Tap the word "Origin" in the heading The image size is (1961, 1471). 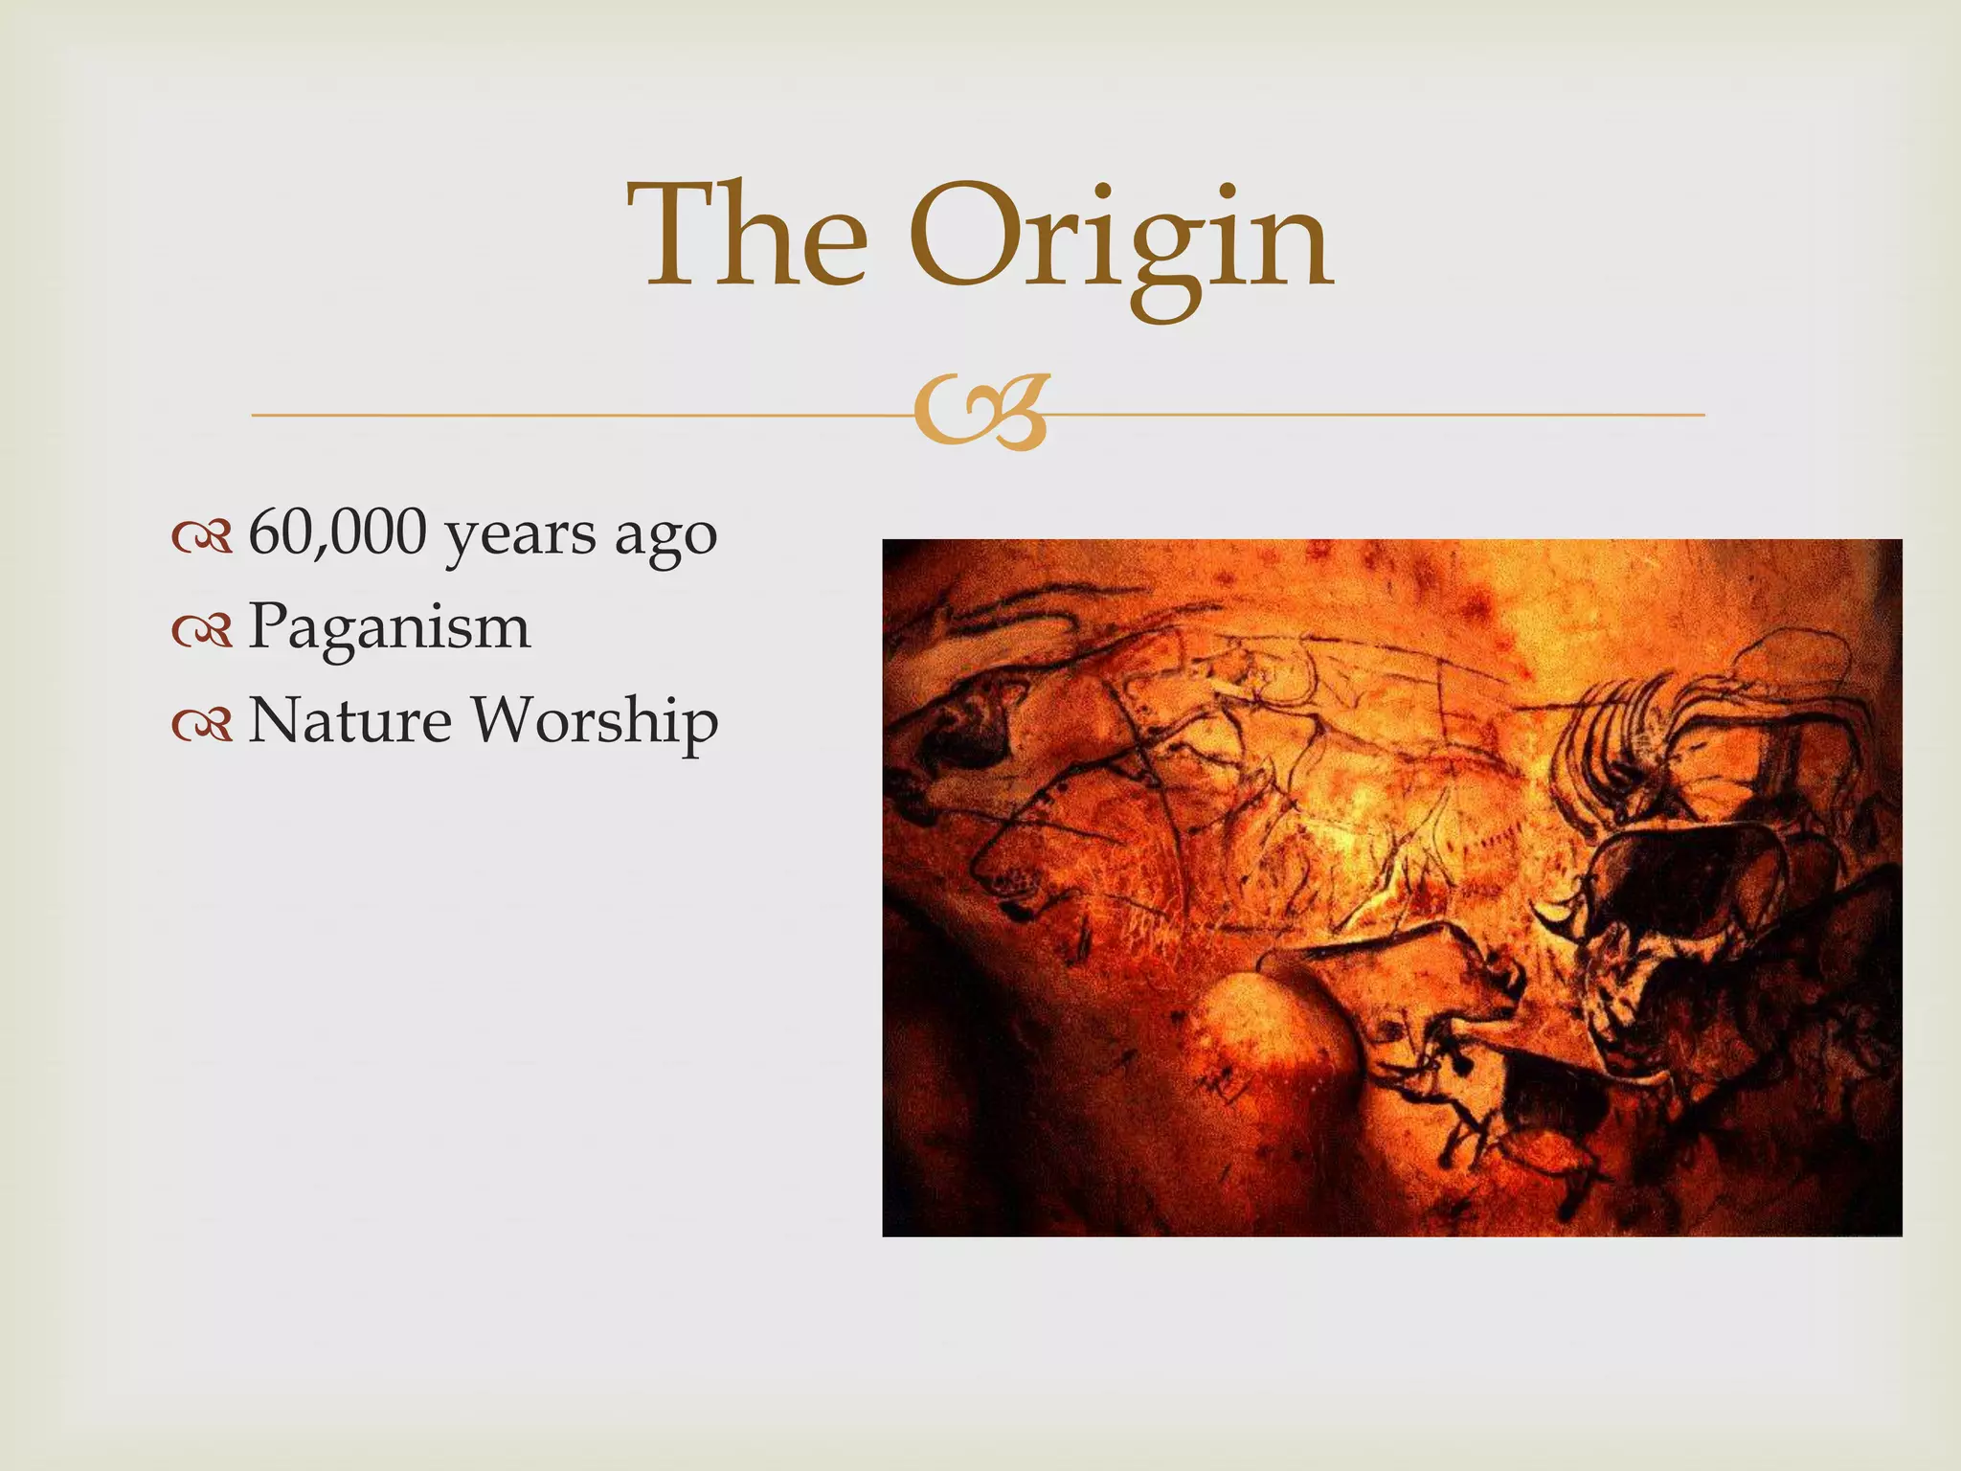1120,239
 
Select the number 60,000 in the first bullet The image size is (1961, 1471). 337,533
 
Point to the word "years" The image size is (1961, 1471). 520,536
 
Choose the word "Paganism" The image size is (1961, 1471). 389,627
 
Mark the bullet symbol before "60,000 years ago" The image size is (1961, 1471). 202,538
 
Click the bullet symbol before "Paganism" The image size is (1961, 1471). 202,631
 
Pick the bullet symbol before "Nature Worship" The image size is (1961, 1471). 202,725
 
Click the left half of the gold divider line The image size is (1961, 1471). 575,415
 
